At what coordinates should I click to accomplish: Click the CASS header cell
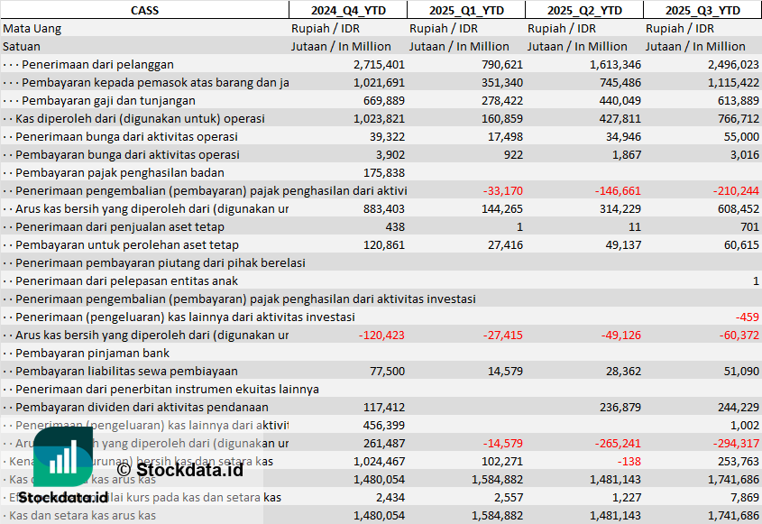point(144,10)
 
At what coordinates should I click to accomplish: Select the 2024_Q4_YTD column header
point(347,10)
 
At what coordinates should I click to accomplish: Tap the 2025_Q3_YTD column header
point(702,10)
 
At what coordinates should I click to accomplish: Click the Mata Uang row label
point(32,28)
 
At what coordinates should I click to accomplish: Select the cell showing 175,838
point(383,172)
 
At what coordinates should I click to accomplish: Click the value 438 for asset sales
point(394,226)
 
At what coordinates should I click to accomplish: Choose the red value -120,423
point(381,335)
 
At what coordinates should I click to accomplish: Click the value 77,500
point(386,371)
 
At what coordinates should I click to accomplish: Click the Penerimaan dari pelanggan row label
point(97,64)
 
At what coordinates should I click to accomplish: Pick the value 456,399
point(383,425)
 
